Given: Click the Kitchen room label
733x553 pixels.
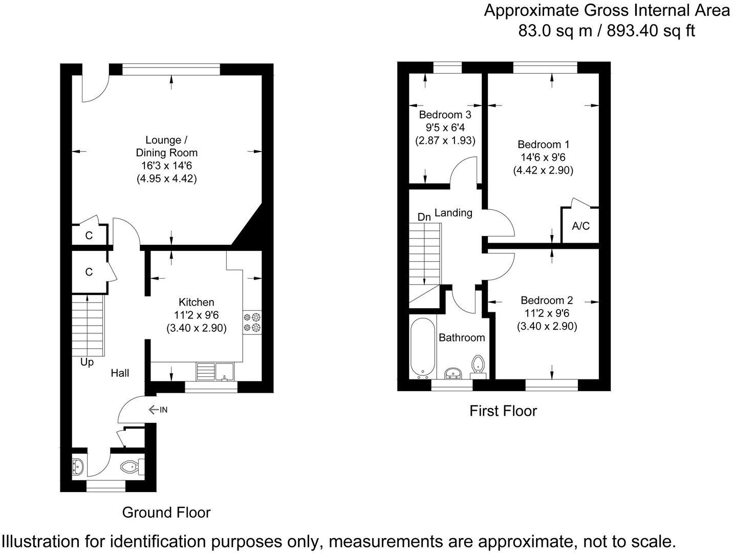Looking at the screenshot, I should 196,302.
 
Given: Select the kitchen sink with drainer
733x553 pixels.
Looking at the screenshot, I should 215,371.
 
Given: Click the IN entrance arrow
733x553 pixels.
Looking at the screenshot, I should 158,410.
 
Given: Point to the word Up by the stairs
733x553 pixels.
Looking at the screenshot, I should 87,362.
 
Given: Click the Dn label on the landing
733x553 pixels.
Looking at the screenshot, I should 424,217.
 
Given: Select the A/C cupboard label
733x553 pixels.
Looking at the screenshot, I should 580,226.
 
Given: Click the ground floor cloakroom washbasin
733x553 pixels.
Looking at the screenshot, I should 78,466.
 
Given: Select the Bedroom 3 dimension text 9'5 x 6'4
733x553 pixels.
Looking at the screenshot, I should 444,127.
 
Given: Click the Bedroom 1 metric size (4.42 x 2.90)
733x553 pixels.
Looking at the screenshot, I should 543,171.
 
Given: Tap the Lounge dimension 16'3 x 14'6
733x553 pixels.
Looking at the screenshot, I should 166,166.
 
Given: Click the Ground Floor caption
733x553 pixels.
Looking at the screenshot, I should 166,512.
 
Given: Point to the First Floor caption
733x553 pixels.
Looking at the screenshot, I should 503,411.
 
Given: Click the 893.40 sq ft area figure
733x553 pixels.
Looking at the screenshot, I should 651,31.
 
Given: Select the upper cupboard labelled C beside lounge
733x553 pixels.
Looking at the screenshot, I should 89,236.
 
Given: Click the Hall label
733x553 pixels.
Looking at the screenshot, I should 120,373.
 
